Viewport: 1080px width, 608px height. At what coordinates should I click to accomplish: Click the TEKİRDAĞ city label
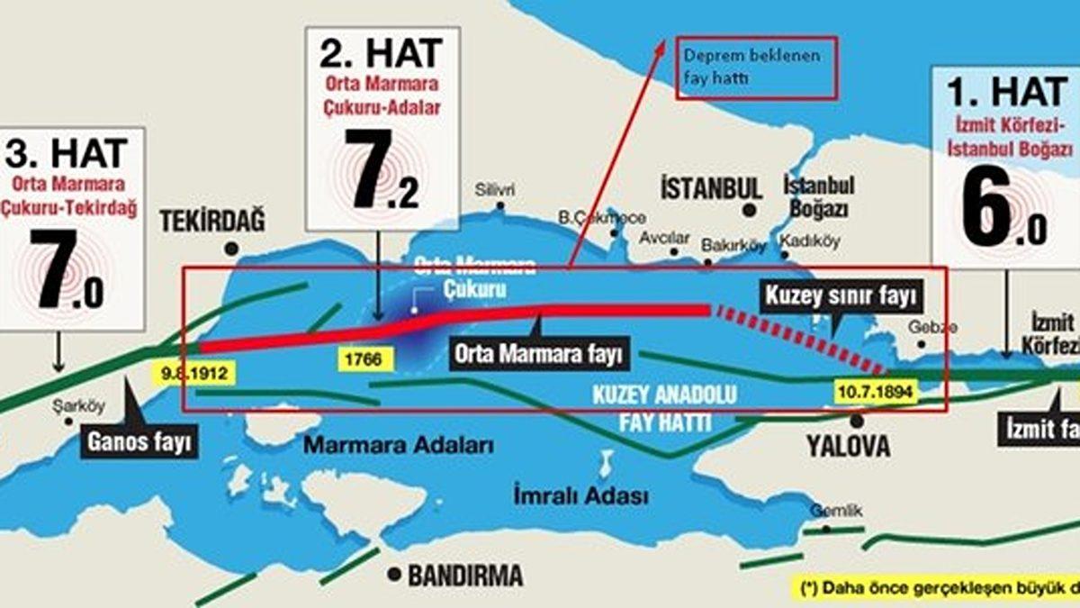point(212,222)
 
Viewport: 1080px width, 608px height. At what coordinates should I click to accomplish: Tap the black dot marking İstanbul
point(749,211)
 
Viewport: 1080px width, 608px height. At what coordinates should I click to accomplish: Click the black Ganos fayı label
point(139,442)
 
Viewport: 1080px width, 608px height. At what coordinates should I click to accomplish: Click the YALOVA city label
point(848,445)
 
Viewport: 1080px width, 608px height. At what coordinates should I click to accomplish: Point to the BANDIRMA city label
point(465,576)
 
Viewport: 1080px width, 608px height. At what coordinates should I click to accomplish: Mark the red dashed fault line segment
point(797,338)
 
